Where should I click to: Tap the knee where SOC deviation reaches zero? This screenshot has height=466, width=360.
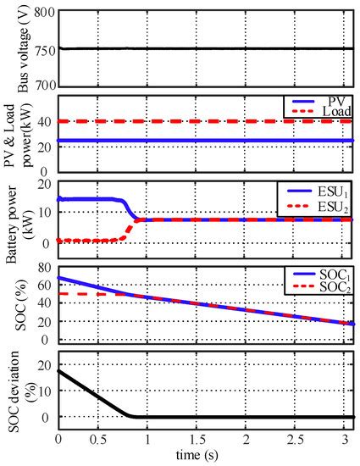pyautogui.click(x=131, y=416)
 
